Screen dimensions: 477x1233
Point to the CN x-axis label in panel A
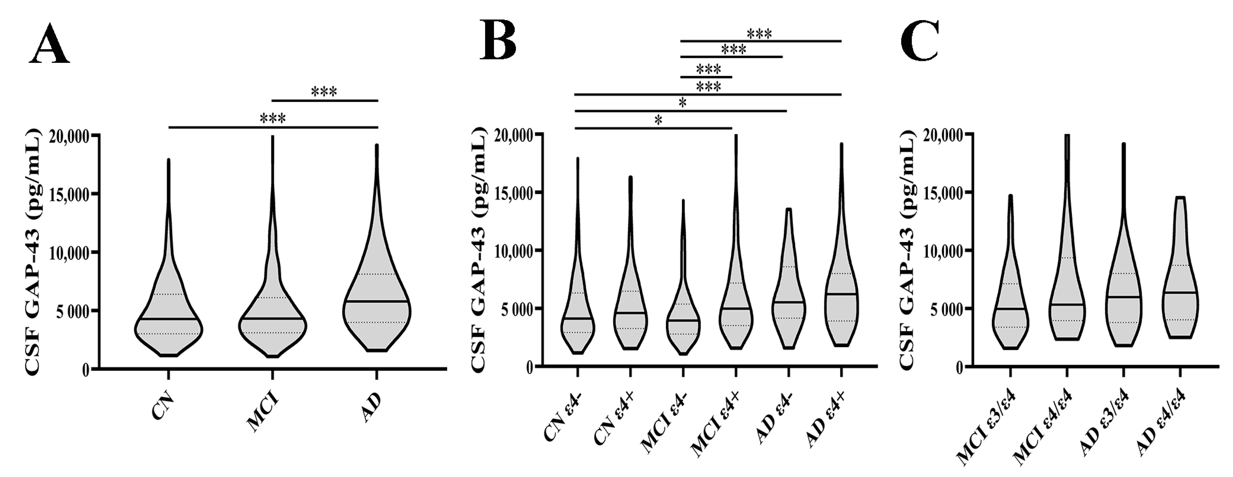point(162,407)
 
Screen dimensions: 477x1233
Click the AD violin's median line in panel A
point(376,301)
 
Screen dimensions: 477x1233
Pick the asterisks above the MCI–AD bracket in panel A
point(324,91)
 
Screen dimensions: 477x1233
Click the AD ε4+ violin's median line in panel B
point(841,294)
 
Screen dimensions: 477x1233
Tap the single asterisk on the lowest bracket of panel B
point(658,121)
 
